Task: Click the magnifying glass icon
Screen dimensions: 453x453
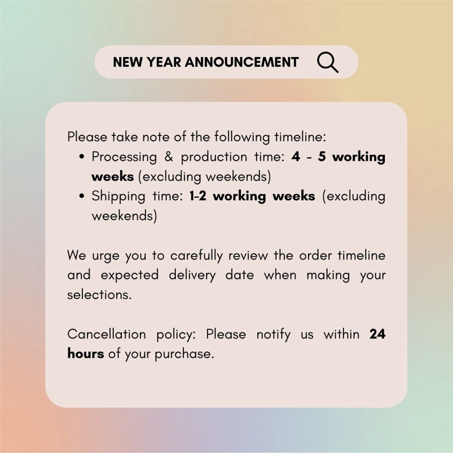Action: (328, 62)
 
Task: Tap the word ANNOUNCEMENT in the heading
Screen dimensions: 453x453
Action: (242, 62)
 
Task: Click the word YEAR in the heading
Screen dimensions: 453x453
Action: (164, 62)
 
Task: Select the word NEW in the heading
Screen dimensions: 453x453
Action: (127, 62)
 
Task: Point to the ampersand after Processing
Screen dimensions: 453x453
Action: (169, 157)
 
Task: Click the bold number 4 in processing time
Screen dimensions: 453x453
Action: (295, 157)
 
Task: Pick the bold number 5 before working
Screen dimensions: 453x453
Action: (322, 157)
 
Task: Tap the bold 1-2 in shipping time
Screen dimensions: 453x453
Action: (198, 196)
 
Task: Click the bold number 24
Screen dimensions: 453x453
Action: (377, 334)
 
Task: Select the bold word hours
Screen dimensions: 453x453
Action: (86, 353)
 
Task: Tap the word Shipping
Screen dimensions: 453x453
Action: (118, 197)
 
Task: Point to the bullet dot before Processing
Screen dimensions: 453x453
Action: (82, 157)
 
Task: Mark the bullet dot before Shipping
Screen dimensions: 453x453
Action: (82, 196)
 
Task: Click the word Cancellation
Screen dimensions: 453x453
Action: (106, 334)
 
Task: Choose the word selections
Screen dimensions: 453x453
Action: (99, 295)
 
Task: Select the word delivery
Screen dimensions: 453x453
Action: (192, 275)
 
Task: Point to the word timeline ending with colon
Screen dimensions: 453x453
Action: (300, 137)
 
